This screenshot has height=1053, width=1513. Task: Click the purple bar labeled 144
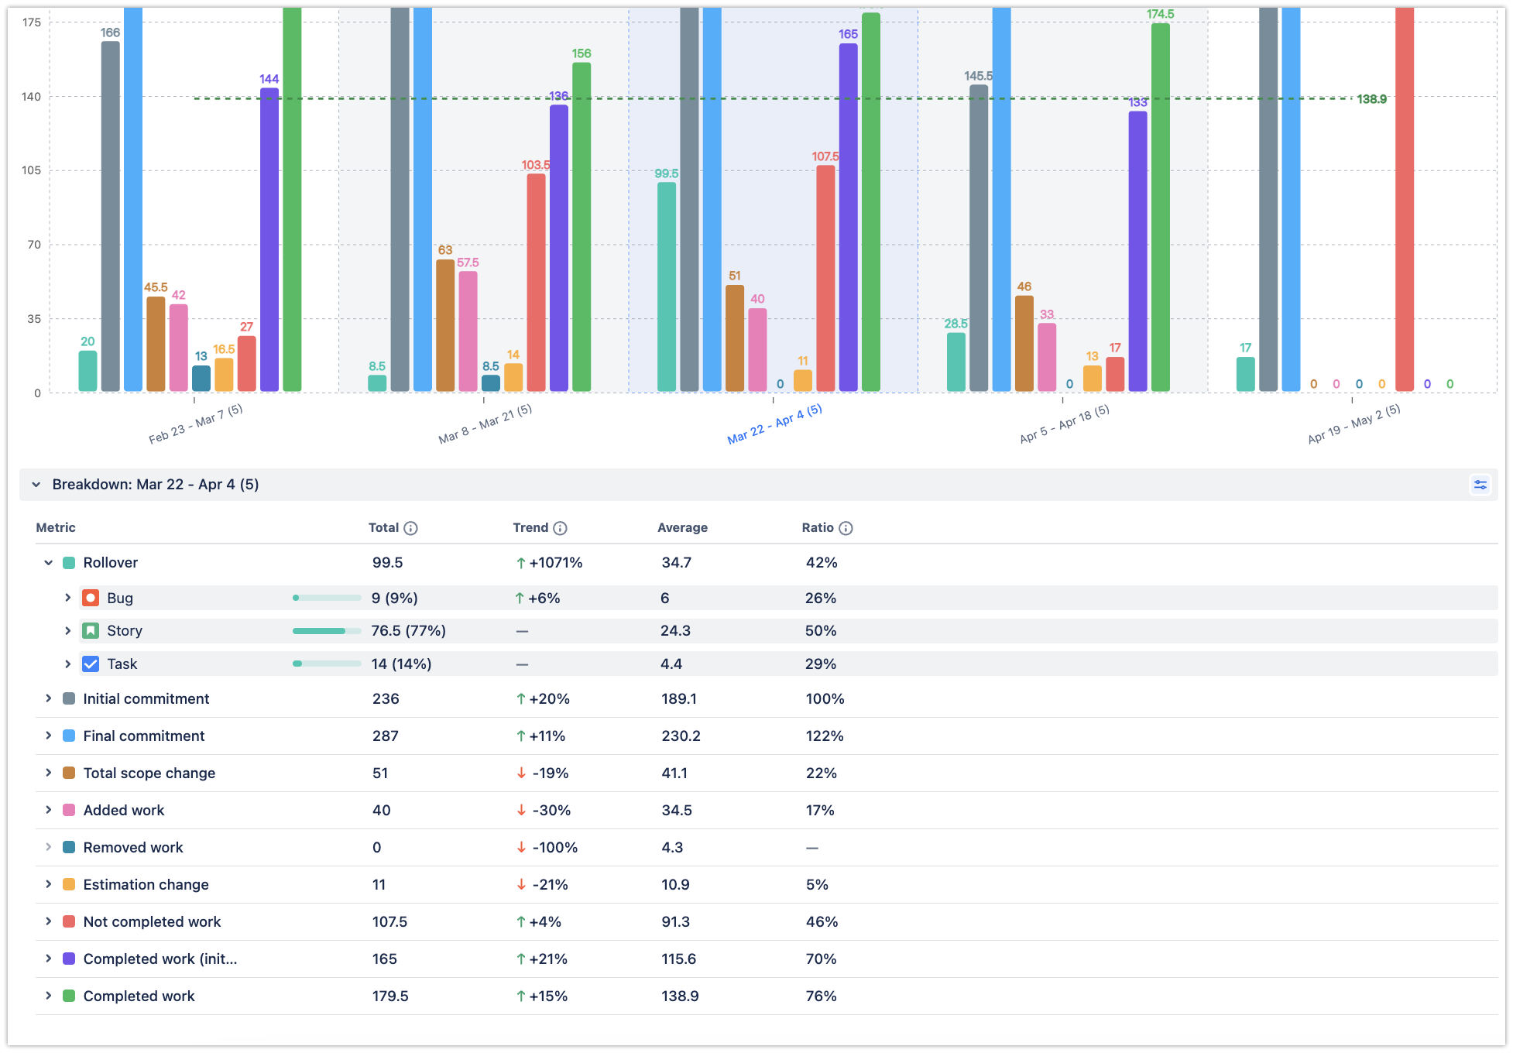click(269, 240)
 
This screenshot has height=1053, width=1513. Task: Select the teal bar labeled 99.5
click(666, 286)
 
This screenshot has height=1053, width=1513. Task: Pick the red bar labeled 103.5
click(536, 283)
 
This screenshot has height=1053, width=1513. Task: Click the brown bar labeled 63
click(445, 325)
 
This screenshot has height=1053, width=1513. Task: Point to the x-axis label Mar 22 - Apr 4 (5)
click(774, 424)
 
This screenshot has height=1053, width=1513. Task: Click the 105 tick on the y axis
click(32, 170)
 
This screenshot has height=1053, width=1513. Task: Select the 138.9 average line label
click(1371, 99)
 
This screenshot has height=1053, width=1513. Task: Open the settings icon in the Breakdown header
click(1480, 485)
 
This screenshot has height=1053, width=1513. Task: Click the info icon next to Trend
click(560, 528)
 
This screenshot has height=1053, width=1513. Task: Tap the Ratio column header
click(818, 527)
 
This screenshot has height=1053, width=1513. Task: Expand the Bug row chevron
click(67, 598)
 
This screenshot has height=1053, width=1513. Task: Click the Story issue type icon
click(91, 630)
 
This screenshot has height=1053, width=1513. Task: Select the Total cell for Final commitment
click(386, 736)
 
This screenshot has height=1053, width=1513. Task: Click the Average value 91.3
click(676, 921)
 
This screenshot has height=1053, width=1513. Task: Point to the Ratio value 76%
click(821, 996)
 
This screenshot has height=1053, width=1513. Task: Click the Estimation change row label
click(146, 884)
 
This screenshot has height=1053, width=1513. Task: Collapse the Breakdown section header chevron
click(36, 485)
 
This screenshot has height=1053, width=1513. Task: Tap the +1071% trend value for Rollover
click(555, 563)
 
